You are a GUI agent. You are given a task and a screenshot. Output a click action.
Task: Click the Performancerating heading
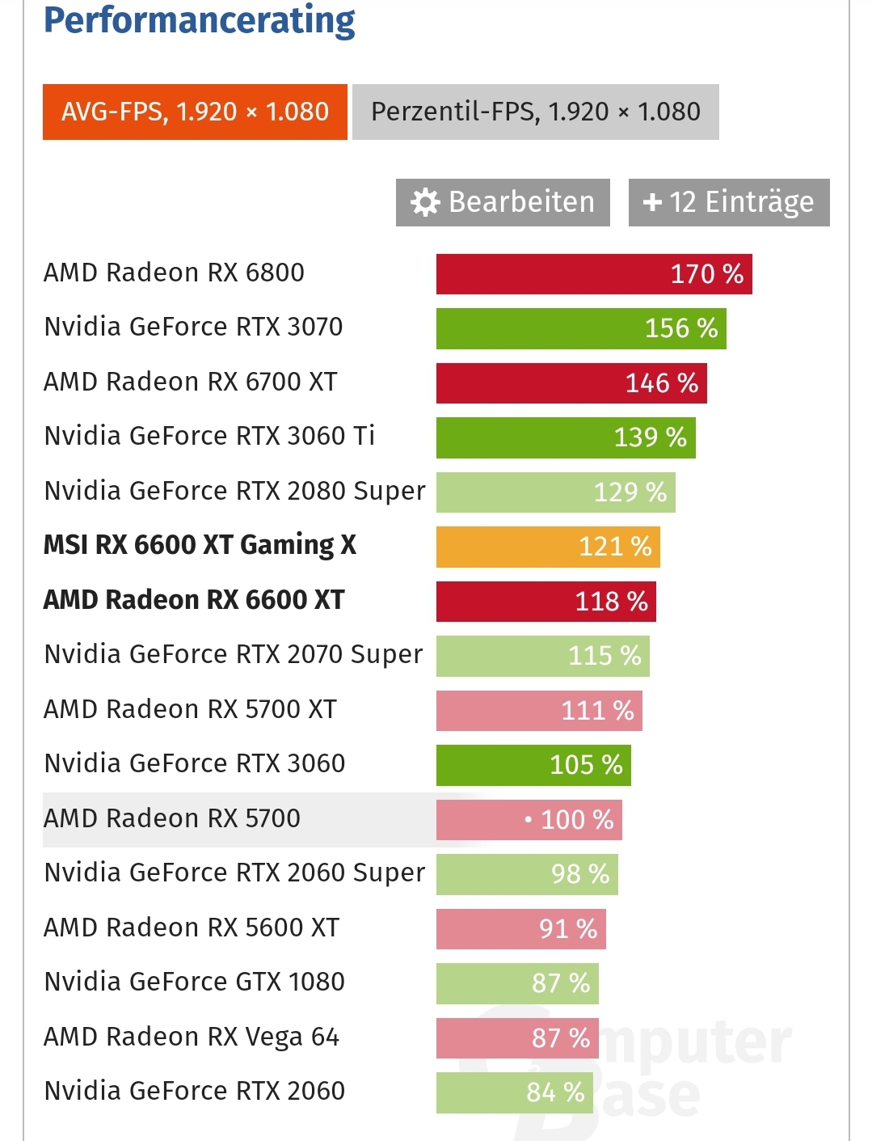199,21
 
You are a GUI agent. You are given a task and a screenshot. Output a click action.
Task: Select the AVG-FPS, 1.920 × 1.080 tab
195,112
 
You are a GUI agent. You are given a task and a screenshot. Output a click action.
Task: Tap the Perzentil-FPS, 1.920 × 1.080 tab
535,112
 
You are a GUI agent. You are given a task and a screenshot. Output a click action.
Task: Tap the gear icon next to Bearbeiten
425,202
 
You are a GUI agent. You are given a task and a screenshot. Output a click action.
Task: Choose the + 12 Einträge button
728,202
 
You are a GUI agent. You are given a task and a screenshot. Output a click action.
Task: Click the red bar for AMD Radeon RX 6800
594,274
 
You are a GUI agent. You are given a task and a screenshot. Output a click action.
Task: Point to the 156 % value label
681,328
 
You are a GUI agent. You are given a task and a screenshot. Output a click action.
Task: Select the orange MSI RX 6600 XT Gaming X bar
548,547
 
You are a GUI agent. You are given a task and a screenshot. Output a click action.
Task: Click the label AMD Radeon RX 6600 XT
194,600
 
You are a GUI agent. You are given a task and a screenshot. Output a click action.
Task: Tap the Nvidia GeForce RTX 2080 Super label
234,491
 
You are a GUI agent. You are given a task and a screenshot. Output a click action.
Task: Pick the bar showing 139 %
566,437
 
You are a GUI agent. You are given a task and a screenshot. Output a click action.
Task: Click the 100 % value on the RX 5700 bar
576,820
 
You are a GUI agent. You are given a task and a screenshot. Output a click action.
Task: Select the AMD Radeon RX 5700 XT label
190,709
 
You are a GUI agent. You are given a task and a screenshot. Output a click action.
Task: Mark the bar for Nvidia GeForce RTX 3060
533,765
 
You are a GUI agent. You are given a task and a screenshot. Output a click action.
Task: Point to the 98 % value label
580,874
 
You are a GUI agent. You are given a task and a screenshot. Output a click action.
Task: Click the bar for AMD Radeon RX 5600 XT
520,928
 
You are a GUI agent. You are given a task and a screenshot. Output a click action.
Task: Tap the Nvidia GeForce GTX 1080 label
194,982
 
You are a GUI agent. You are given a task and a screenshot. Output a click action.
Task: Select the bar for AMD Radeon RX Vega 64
517,1038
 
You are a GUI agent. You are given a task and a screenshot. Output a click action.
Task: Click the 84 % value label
555,1092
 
